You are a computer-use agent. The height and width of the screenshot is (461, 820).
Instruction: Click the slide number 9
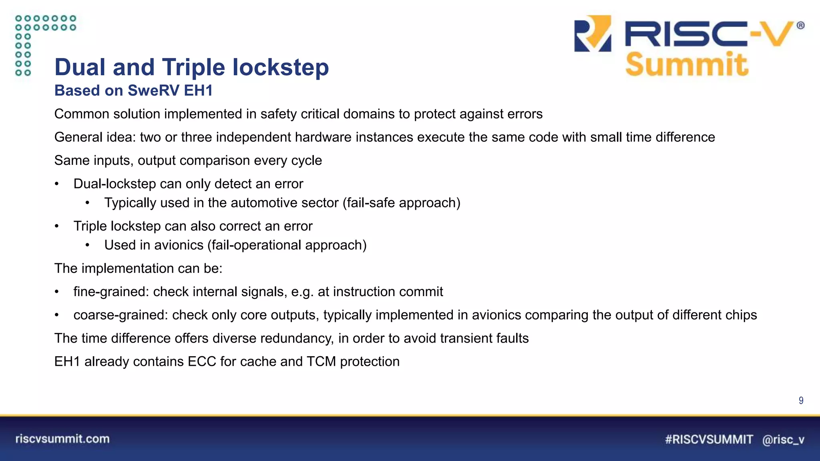click(801, 401)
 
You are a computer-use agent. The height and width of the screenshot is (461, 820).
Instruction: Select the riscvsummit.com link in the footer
click(62, 439)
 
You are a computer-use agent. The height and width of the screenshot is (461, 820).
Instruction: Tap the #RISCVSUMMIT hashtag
click(709, 439)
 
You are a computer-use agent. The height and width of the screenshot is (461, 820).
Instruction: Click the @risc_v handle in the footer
click(783, 440)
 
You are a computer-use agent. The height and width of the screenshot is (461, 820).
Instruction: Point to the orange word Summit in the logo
click(687, 64)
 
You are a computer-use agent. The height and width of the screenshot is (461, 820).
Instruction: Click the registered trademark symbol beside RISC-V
click(800, 26)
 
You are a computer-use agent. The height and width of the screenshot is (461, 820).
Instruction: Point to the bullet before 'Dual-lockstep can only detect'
click(57, 184)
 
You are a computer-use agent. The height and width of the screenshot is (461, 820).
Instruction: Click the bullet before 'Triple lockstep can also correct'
click(57, 226)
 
